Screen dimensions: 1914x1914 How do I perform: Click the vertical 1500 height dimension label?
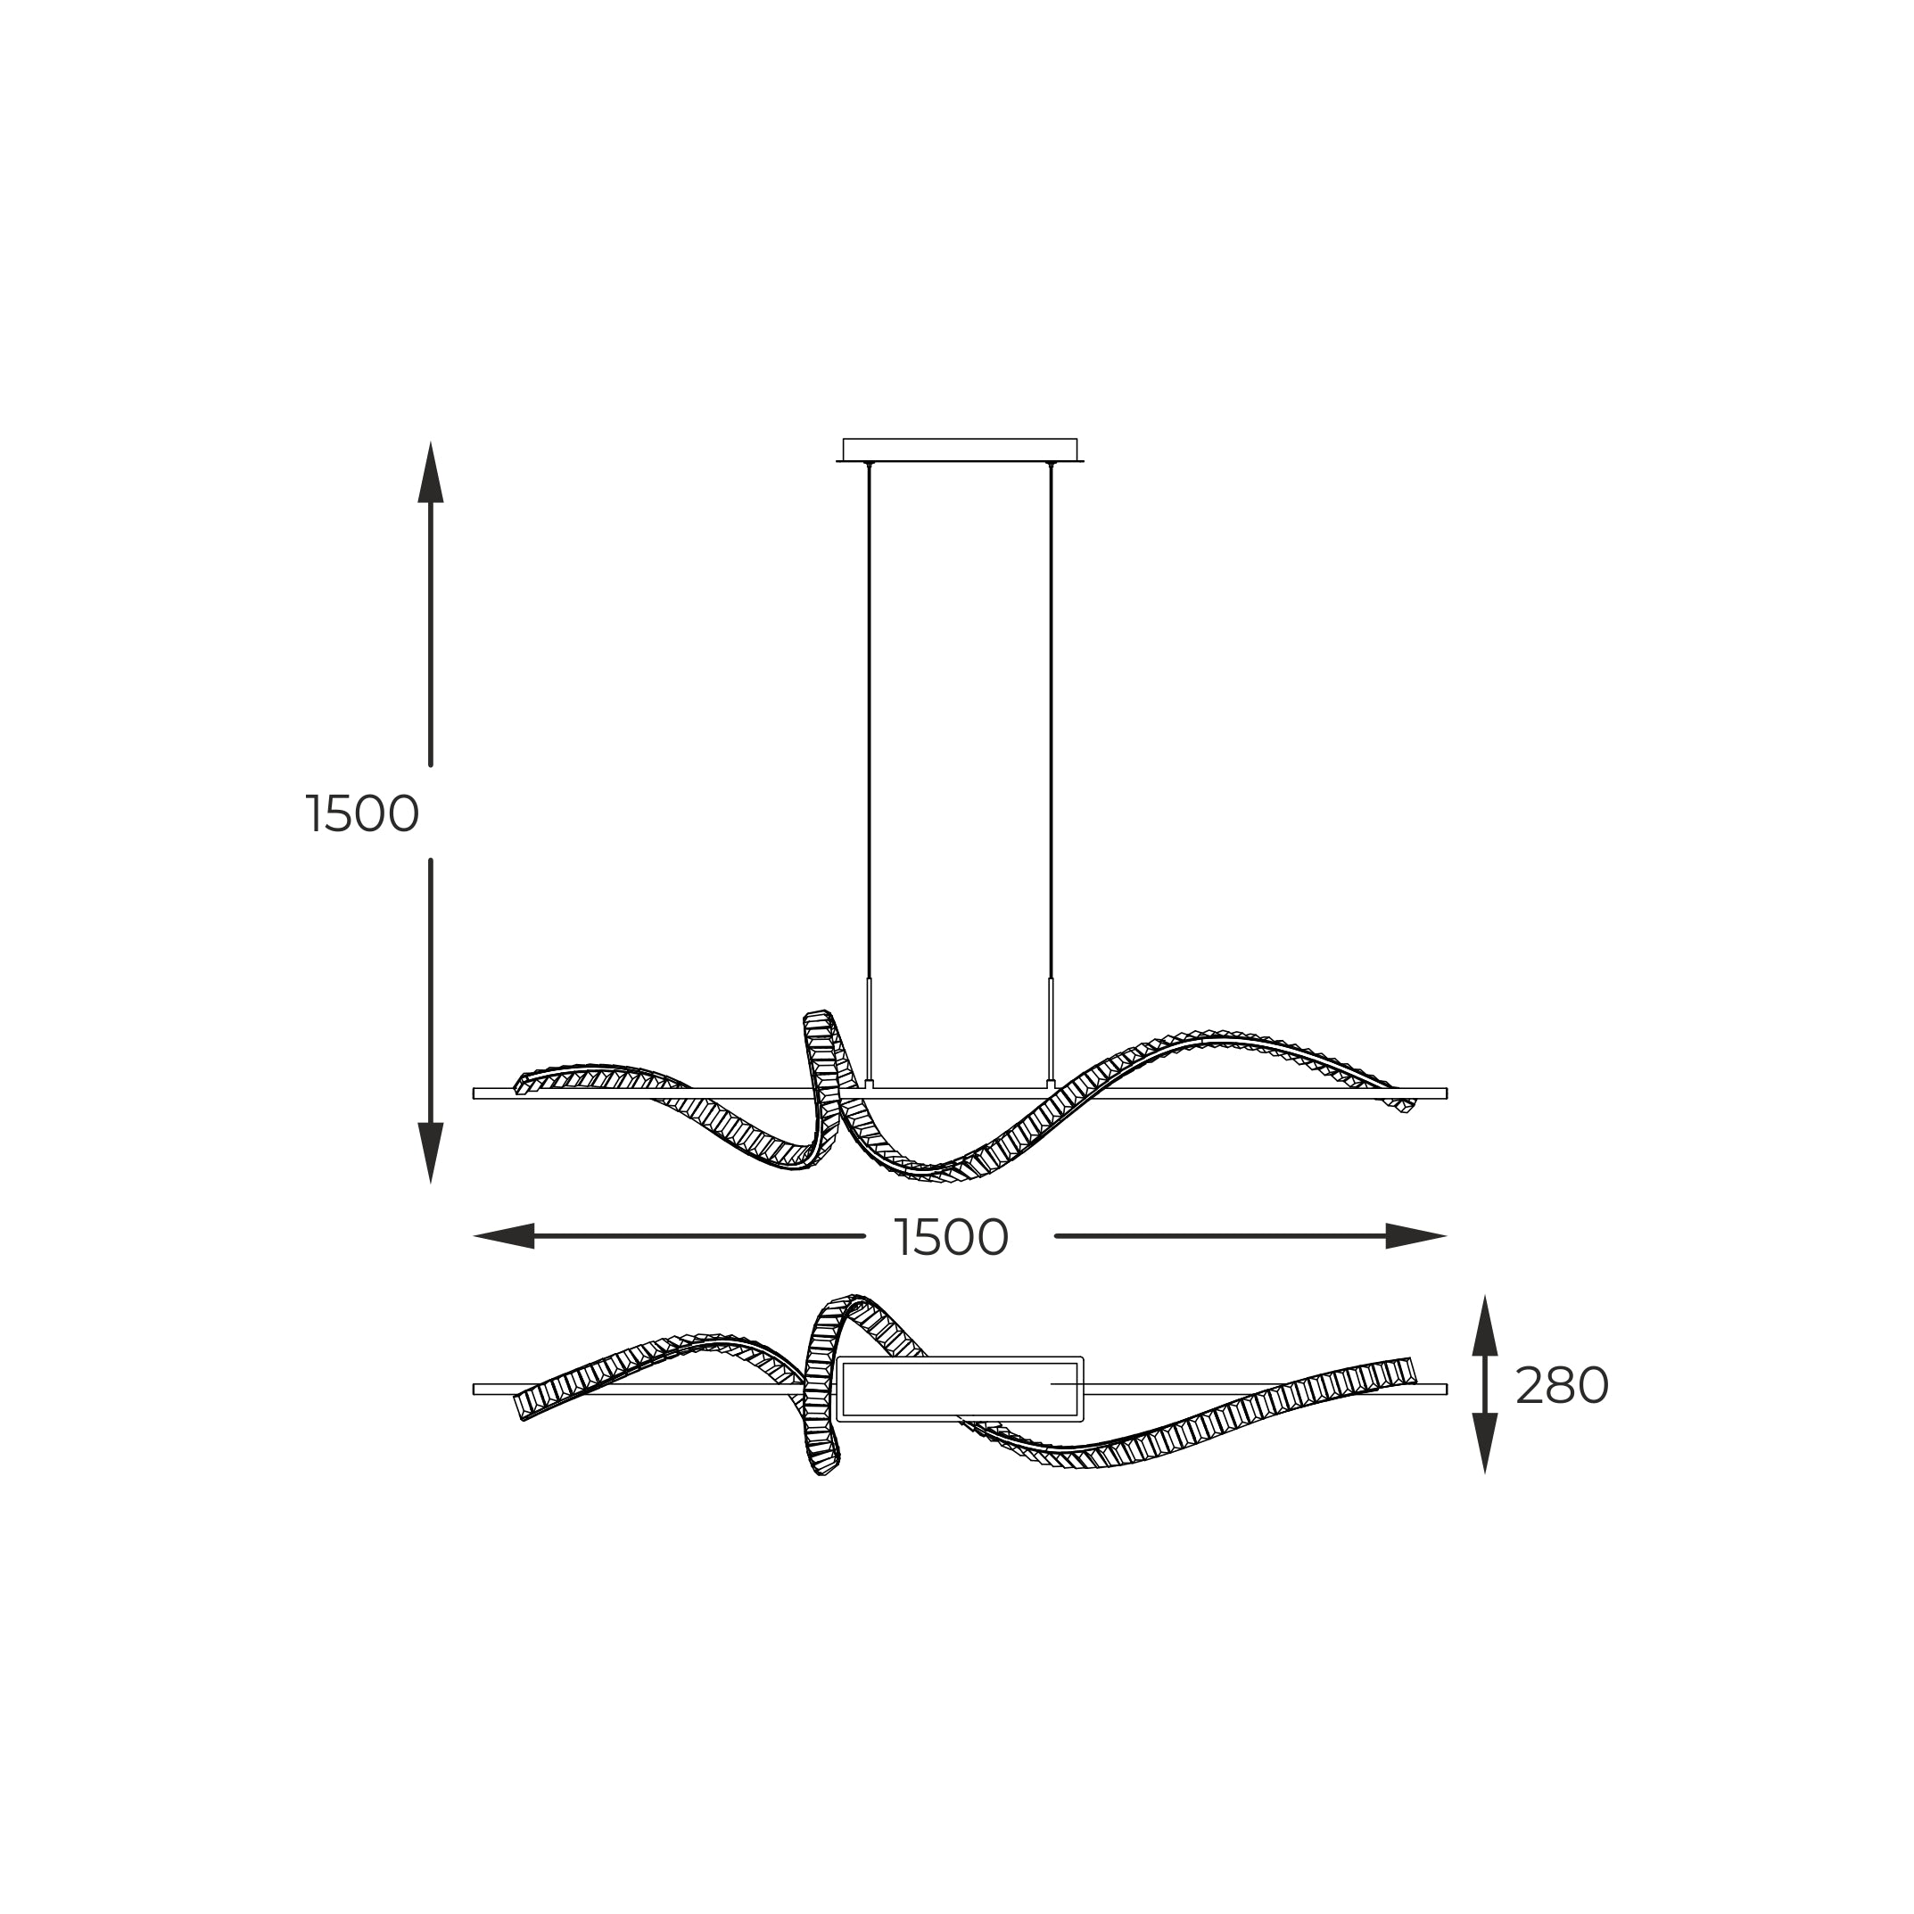pyautogui.click(x=363, y=814)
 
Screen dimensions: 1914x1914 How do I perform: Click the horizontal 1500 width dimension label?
pyautogui.click(x=951, y=1237)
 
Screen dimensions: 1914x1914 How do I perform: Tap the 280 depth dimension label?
pyautogui.click(x=1562, y=1386)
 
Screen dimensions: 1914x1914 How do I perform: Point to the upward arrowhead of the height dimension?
pyautogui.click(x=430, y=472)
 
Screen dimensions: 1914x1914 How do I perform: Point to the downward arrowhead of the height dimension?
pyautogui.click(x=430, y=1153)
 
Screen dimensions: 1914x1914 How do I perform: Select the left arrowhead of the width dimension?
pyautogui.click(x=504, y=1236)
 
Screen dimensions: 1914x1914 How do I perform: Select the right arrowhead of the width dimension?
pyautogui.click(x=1416, y=1236)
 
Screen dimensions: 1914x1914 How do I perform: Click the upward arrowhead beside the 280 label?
pyautogui.click(x=1484, y=1325)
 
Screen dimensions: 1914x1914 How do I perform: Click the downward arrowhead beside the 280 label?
pyautogui.click(x=1484, y=1443)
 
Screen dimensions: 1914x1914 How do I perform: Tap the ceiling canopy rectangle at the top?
pyautogui.click(x=960, y=450)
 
